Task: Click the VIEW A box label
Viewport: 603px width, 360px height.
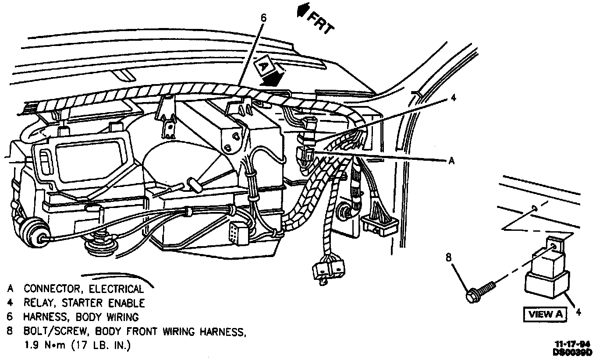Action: coord(545,314)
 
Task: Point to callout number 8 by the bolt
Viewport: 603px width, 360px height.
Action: coord(448,258)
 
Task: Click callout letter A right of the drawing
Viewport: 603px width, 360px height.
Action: coord(452,161)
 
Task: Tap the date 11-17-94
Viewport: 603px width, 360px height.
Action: coord(577,344)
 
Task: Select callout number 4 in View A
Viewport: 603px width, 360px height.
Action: coord(578,312)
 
